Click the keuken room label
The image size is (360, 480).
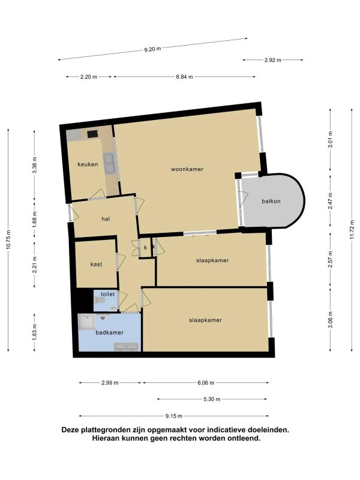pyautogui.click(x=88, y=164)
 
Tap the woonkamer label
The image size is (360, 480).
pyautogui.click(x=187, y=169)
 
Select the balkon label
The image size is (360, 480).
pyautogui.click(x=271, y=201)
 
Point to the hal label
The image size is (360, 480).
pyautogui.click(x=106, y=219)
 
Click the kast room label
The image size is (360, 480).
pyautogui.click(x=96, y=264)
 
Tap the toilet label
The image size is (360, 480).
pyautogui.click(x=108, y=294)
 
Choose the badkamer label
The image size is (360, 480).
pyautogui.click(x=110, y=332)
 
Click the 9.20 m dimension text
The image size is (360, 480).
pyautogui.click(x=153, y=49)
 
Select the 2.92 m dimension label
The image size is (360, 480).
pyautogui.click(x=273, y=60)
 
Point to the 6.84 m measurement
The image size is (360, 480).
pyautogui.click(x=184, y=77)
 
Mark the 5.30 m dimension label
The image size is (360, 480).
pyautogui.click(x=212, y=399)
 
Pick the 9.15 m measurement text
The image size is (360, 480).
pyautogui.click(x=174, y=416)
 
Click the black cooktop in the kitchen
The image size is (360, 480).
pyautogui.click(x=92, y=134)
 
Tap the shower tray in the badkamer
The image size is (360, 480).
pyautogui.click(x=86, y=322)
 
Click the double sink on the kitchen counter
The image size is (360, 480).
pyautogui.click(x=109, y=163)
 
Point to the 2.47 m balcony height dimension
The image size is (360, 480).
pyautogui.click(x=331, y=201)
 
